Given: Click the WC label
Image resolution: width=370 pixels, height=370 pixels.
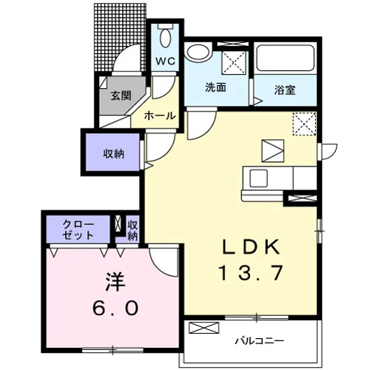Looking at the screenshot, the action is (165, 61).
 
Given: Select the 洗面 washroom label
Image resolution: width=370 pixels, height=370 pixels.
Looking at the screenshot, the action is (215, 87).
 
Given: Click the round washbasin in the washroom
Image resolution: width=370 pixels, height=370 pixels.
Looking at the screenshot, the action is (198, 52).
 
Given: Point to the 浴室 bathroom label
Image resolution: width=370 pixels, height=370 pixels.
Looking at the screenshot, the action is (285, 90).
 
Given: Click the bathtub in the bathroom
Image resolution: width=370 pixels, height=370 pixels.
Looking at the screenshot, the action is (286, 58).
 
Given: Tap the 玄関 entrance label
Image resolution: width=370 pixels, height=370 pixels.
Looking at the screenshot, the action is (121, 95).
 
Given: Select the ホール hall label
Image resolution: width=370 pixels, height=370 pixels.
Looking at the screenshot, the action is (160, 115).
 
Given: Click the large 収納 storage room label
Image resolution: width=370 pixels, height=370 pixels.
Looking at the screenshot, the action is (113, 154).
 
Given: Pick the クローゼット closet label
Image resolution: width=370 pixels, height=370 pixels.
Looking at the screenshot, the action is (78, 230).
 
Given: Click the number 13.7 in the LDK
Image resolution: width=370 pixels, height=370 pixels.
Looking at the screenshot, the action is (251, 273).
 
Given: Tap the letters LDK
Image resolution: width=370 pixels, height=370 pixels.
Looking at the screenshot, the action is (252, 246).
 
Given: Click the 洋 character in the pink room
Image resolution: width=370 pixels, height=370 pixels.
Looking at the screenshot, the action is (115, 281).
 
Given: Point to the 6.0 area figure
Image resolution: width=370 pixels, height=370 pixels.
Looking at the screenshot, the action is (115, 308).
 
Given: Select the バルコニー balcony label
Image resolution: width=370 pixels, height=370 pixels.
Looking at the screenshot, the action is (259, 341).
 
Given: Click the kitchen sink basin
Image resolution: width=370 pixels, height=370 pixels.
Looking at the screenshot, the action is (258, 178).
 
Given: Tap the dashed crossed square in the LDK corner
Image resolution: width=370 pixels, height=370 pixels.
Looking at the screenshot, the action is (304, 124).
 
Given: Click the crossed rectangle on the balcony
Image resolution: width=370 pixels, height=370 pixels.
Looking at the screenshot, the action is (203, 328).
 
